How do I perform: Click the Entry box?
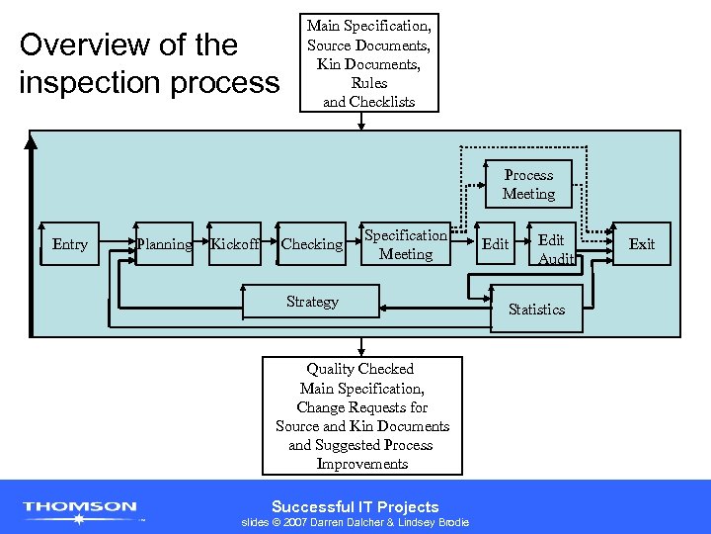click(x=69, y=244)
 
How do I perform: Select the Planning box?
click(x=164, y=244)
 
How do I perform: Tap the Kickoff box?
click(x=235, y=244)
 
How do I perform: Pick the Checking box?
click(x=311, y=244)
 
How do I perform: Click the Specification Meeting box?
click(x=406, y=244)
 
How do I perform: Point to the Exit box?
click(x=642, y=244)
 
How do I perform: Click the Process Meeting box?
click(x=528, y=184)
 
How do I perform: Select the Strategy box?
click(x=312, y=302)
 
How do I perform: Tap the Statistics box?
click(x=536, y=310)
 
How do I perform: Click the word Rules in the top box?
click(x=368, y=83)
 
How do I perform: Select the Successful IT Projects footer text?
click(x=355, y=506)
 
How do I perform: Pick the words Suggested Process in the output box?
click(x=360, y=445)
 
